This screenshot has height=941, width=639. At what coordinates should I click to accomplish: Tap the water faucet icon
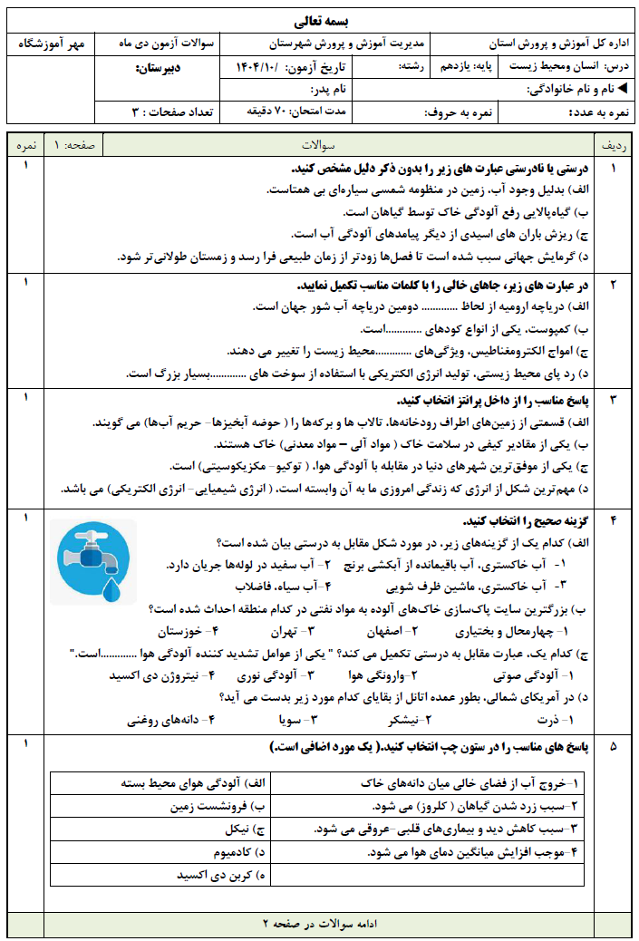[x=92, y=554]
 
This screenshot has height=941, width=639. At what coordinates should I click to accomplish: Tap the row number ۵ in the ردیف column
[x=613, y=746]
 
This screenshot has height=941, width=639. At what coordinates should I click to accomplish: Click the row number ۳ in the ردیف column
[x=613, y=400]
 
